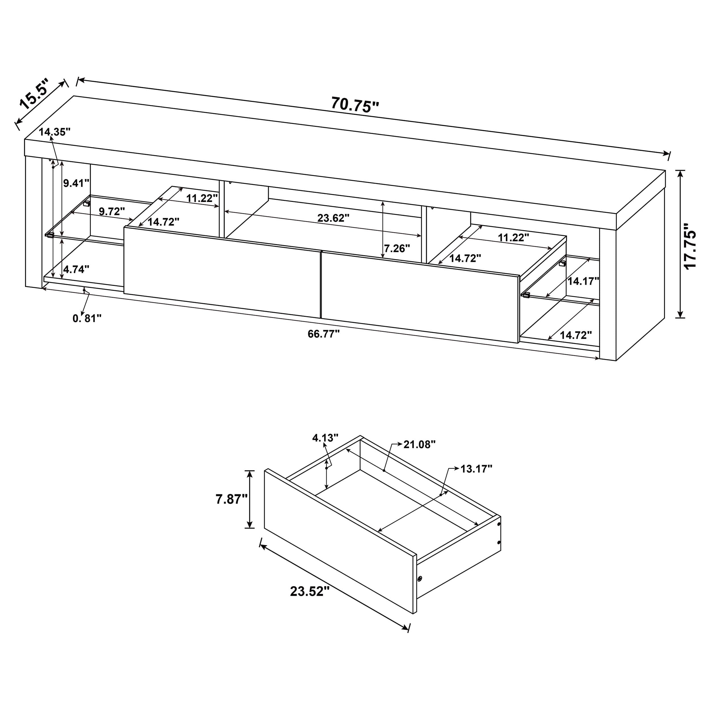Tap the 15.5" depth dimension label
[34, 94]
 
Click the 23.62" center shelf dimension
[333, 218]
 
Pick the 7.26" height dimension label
[397, 248]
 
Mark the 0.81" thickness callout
[87, 318]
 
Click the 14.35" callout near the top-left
[55, 132]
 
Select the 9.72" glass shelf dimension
[112, 211]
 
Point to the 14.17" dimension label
[583, 281]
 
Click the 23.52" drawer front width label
[310, 591]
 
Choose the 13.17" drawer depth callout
[476, 469]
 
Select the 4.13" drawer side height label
[325, 438]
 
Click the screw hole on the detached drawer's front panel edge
[420, 579]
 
